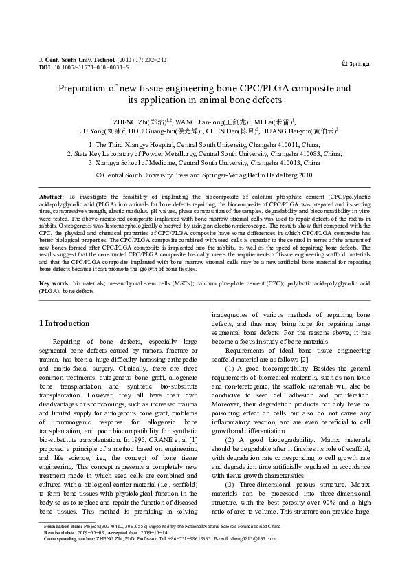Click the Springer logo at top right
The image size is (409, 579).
pos(355,64)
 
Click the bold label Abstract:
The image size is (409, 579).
pos(52,197)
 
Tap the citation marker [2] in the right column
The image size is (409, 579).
pos(314,360)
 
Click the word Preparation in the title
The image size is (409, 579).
pos(85,89)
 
